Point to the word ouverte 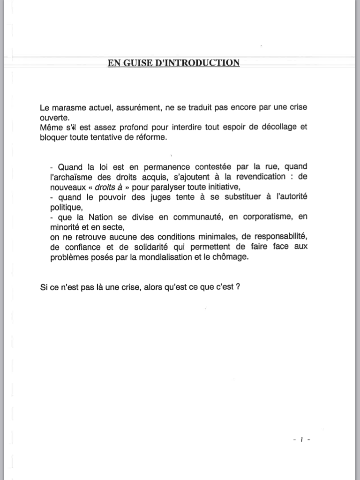point(54,117)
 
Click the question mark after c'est point(239,287)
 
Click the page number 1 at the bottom point(302,439)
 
